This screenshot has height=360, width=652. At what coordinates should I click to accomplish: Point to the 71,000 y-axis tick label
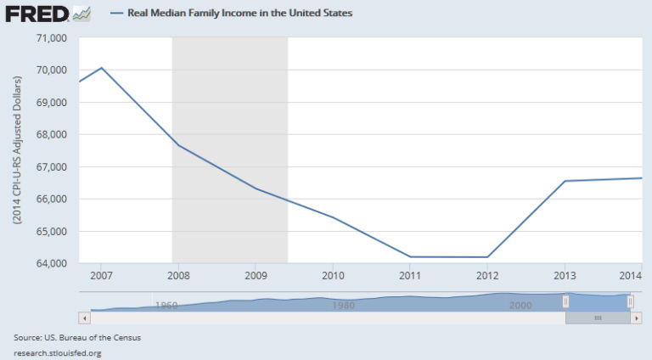click(52, 38)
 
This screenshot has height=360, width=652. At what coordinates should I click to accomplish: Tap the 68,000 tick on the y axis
click(52, 134)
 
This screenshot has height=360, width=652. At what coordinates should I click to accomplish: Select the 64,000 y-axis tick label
click(52, 263)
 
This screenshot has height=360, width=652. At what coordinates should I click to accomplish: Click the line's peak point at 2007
click(101, 67)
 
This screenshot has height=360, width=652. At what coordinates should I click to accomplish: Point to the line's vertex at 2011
click(410, 256)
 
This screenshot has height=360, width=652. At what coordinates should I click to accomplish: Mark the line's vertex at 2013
click(565, 181)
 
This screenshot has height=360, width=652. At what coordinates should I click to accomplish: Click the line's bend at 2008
click(178, 145)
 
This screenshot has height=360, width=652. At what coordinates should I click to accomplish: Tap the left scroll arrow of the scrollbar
click(83, 318)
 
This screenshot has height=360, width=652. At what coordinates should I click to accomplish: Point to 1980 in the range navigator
click(344, 305)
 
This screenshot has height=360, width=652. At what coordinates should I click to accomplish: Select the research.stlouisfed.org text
click(58, 352)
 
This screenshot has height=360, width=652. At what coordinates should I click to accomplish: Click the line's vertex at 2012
click(487, 256)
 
